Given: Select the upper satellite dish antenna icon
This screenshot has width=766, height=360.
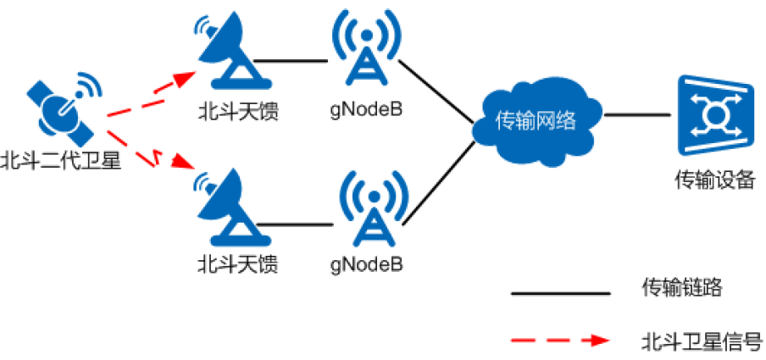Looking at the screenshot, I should click(224, 53).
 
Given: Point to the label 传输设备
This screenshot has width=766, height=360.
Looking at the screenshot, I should click(713, 179).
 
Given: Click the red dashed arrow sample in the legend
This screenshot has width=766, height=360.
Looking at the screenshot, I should click(560, 341).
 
